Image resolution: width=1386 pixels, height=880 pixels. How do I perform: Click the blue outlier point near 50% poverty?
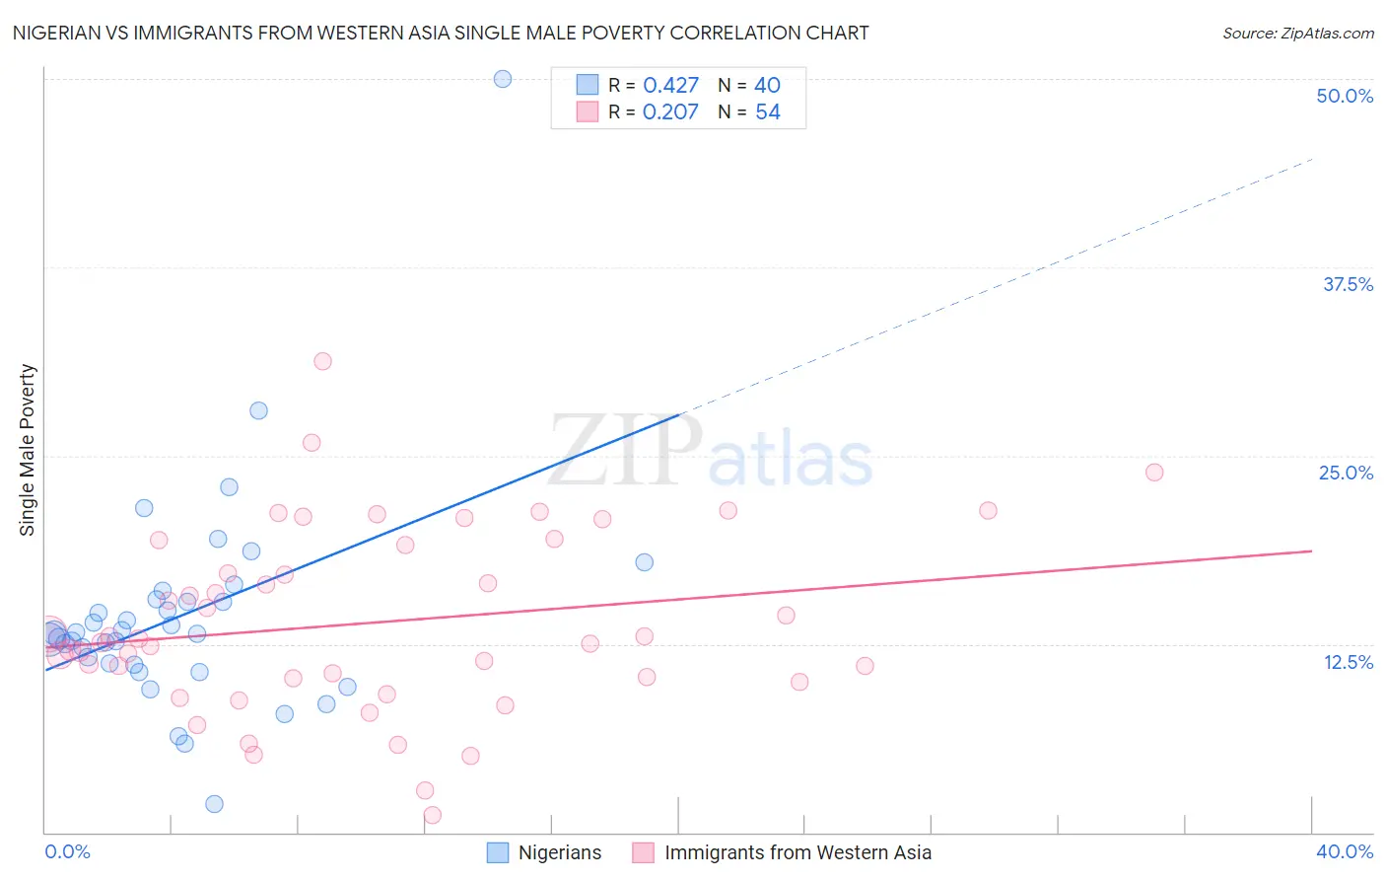click(x=503, y=79)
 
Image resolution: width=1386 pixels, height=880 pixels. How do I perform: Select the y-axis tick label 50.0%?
click(x=1345, y=96)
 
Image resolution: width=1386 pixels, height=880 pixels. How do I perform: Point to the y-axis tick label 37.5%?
click(x=1348, y=284)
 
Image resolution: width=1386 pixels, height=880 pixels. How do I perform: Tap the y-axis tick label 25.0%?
click(x=1346, y=473)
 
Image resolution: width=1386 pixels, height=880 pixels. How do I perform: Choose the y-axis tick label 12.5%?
click(x=1348, y=662)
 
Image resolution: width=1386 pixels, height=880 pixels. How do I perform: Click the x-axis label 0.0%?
click(x=67, y=851)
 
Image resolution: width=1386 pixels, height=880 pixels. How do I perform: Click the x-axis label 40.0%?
click(x=1344, y=851)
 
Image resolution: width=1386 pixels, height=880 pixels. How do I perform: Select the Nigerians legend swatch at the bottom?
click(x=498, y=852)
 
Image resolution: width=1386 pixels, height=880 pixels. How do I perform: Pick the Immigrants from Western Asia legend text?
click(x=797, y=852)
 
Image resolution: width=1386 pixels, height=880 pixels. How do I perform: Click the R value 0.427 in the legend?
click(x=670, y=86)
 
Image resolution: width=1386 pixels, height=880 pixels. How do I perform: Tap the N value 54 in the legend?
click(x=768, y=112)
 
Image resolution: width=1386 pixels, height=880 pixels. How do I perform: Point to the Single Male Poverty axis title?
click(x=28, y=450)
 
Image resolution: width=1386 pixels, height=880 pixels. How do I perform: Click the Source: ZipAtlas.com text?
click(x=1297, y=33)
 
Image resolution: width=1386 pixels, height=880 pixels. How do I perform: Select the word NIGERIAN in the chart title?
click(x=60, y=33)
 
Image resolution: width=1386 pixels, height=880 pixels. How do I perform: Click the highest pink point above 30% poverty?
click(x=322, y=361)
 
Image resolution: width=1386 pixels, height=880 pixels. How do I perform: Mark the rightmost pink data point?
click(x=1154, y=473)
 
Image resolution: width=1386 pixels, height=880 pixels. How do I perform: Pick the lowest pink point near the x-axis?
click(x=432, y=815)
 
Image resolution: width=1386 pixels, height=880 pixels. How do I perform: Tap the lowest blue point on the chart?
click(x=214, y=804)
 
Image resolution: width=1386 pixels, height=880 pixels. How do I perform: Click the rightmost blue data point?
click(x=645, y=562)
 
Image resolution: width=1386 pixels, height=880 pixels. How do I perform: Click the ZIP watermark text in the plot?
click(x=625, y=452)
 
